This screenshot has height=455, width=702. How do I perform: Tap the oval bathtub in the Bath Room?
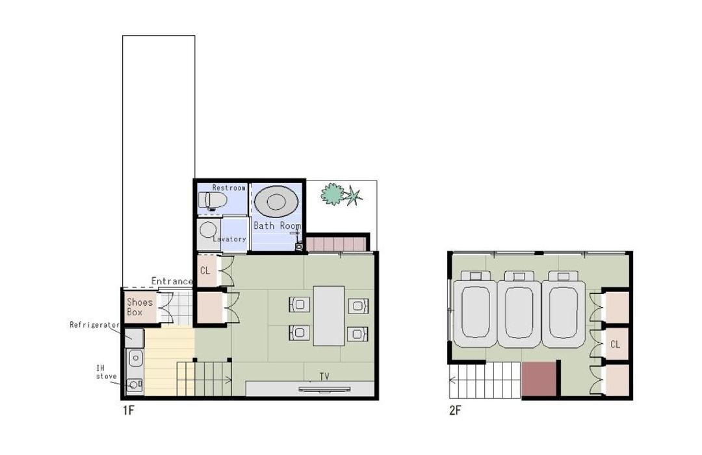tap(276, 202)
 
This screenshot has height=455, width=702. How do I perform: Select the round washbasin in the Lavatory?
tap(208, 230)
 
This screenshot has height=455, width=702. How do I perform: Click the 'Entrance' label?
tap(172, 281)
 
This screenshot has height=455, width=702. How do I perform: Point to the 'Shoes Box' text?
tap(140, 307)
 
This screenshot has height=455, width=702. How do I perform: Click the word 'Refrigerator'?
tap(94, 325)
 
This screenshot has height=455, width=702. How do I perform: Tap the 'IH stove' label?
tap(106, 372)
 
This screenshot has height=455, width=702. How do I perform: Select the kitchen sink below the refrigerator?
tap(135, 358)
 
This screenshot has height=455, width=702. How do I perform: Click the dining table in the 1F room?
tap(329, 315)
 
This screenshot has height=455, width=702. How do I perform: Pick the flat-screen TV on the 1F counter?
tap(324, 389)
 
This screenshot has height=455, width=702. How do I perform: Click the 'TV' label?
tap(324, 376)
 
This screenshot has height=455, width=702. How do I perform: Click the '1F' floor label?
tap(129, 410)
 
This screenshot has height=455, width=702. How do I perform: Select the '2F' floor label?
tap(455, 410)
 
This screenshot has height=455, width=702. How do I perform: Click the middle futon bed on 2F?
tap(519, 309)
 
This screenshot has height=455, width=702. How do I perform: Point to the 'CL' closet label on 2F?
tap(615, 344)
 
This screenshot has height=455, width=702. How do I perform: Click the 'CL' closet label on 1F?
tap(205, 271)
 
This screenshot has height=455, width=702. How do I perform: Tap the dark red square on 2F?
tap(539, 379)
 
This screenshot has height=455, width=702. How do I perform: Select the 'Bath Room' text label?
tap(277, 226)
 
